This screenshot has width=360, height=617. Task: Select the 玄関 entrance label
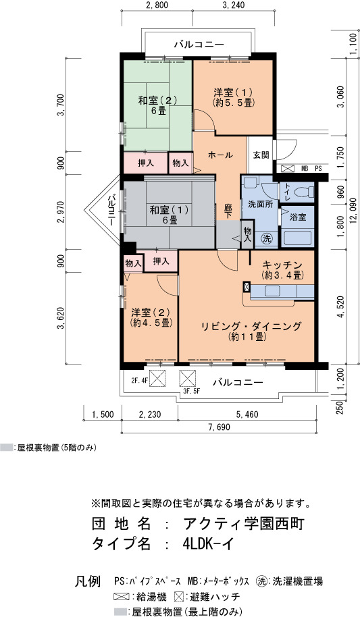click(x=261, y=155)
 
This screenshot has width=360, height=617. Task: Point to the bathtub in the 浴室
click(x=297, y=238)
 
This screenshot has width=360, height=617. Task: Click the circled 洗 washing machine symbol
click(x=267, y=238)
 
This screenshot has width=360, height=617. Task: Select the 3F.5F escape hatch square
click(x=188, y=379)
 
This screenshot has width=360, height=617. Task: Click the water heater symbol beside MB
click(x=288, y=168)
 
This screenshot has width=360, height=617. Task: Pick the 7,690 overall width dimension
click(x=218, y=427)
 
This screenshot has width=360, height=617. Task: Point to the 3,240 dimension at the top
click(x=233, y=5)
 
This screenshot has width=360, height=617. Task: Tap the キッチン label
click(x=282, y=265)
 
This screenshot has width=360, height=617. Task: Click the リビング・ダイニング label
click(x=251, y=326)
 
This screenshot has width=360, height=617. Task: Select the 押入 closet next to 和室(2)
click(x=146, y=163)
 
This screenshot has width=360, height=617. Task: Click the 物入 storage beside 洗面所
click(x=247, y=234)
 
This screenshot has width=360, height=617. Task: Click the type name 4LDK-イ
click(x=208, y=543)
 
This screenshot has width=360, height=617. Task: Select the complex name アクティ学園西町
click(x=243, y=524)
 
